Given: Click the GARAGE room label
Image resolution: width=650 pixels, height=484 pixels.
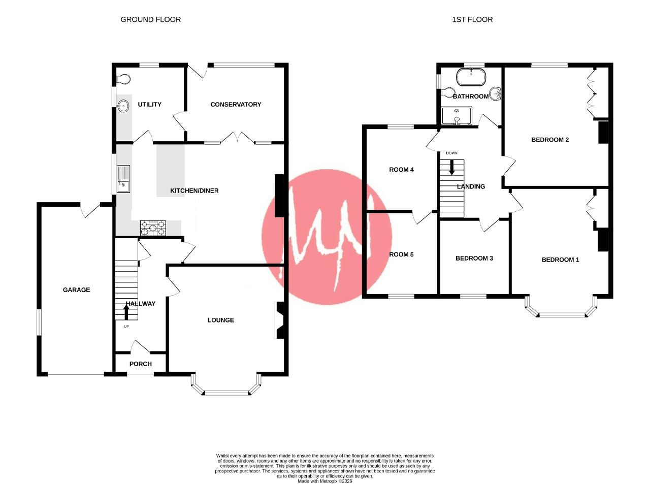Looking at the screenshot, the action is (77, 289).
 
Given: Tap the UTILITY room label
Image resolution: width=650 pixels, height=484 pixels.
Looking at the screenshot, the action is (149, 104).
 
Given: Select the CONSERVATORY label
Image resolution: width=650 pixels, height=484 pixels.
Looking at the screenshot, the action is (236, 104).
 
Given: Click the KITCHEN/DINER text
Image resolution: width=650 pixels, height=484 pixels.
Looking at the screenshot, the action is (194, 190).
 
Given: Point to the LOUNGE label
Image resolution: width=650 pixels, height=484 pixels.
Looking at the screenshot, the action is (221, 320).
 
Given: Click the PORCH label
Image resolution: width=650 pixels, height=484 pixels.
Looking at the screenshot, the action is (141, 364).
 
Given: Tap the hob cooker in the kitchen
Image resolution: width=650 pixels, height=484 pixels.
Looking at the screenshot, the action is (153, 228).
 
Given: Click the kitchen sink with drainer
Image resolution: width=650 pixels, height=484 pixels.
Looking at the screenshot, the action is (123, 179).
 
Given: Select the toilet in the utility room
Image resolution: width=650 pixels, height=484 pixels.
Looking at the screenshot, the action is (123, 79).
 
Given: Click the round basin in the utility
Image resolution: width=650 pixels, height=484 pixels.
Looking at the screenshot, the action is (123, 106).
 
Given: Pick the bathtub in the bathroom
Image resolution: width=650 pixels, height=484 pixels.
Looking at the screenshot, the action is (471, 77).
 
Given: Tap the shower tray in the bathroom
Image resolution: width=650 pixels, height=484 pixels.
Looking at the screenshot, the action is (457, 115).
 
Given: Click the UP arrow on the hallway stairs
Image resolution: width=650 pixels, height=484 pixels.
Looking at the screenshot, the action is (126, 312).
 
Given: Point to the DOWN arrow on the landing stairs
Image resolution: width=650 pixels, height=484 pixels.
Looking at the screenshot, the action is (452, 167).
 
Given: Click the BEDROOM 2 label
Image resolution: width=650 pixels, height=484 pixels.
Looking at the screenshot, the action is (550, 140).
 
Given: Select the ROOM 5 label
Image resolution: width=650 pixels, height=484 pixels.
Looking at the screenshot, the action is (401, 254).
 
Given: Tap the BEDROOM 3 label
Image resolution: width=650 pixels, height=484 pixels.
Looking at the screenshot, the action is (474, 259).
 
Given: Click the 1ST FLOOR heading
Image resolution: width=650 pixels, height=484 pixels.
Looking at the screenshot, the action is (472, 20).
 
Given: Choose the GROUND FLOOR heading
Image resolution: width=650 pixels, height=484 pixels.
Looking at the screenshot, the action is (151, 20).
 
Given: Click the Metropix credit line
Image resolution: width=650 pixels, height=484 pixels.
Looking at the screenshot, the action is (325, 481).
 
